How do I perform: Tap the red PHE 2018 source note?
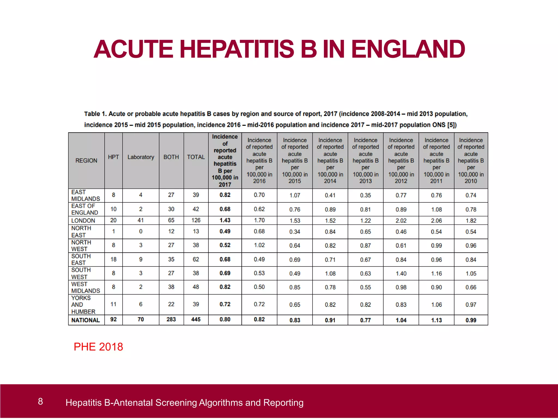98,347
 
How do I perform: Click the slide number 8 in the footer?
40,401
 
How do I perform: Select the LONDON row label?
83,220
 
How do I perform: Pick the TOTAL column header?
196,157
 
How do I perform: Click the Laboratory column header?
141,157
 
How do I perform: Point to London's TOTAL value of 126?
196,220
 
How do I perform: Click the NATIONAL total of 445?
196,319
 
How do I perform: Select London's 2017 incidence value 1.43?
225,220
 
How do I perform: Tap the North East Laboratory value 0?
141,231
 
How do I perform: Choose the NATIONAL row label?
86,320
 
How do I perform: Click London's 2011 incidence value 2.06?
436,220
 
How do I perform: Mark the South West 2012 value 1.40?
401,273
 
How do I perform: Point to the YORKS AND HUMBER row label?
83,305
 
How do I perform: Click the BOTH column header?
171,157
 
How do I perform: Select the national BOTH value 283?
171,319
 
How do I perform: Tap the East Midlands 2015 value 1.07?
295,195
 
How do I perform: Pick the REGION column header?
86,160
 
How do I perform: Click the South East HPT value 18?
113,259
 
